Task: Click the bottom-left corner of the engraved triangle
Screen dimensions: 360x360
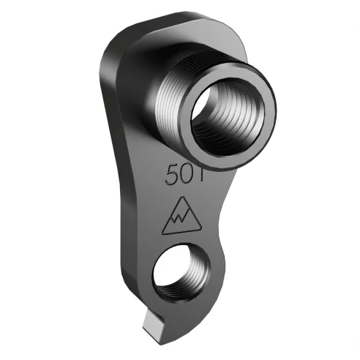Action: click(164, 233)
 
